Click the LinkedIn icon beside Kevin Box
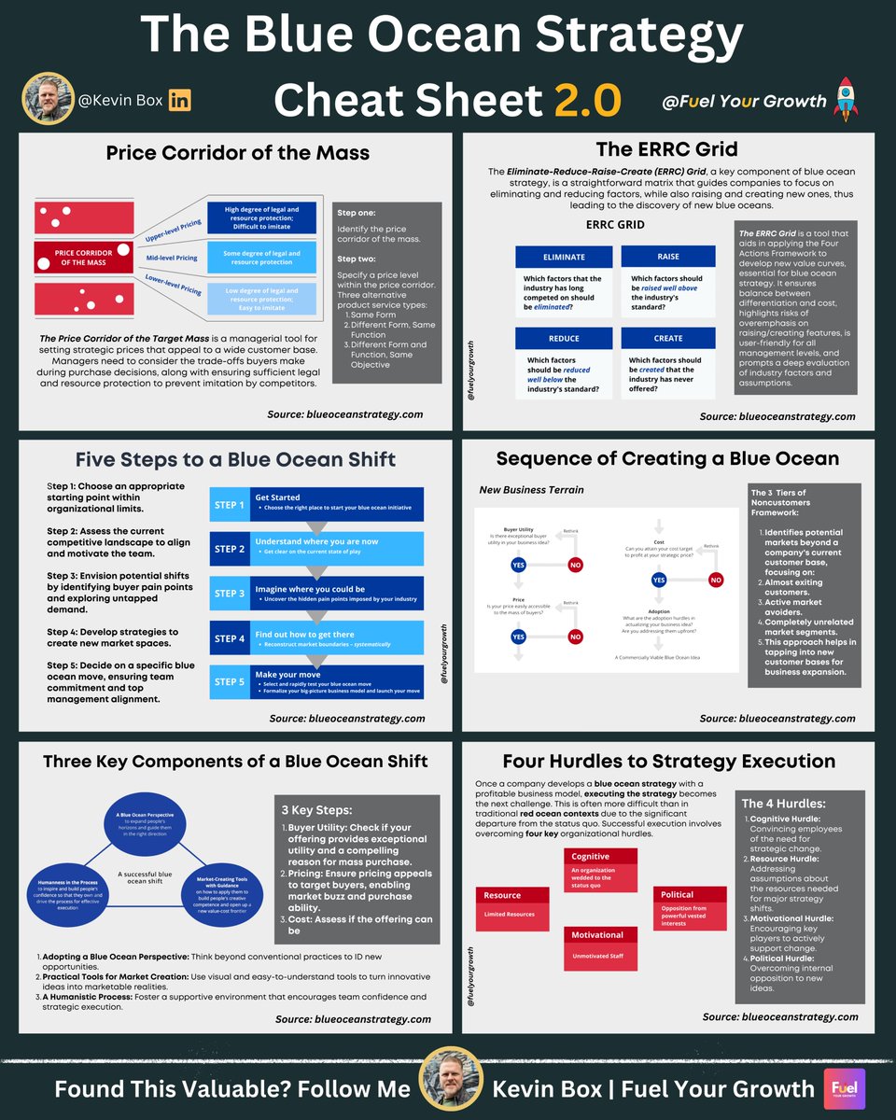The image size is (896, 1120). click(x=179, y=101)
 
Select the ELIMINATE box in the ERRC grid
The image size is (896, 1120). click(x=564, y=257)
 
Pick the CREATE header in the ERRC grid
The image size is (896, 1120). click(x=668, y=338)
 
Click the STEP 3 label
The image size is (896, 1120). click(x=230, y=594)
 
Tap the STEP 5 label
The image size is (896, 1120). click(x=230, y=681)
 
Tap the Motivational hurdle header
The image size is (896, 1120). click(x=597, y=934)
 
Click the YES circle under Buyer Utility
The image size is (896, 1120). click(x=519, y=564)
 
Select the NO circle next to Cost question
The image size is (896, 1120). click(x=716, y=580)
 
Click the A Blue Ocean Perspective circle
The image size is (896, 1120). click(x=153, y=806)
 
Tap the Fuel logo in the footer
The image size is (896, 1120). click(x=846, y=1088)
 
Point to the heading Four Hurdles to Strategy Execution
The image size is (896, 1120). click(x=668, y=761)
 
